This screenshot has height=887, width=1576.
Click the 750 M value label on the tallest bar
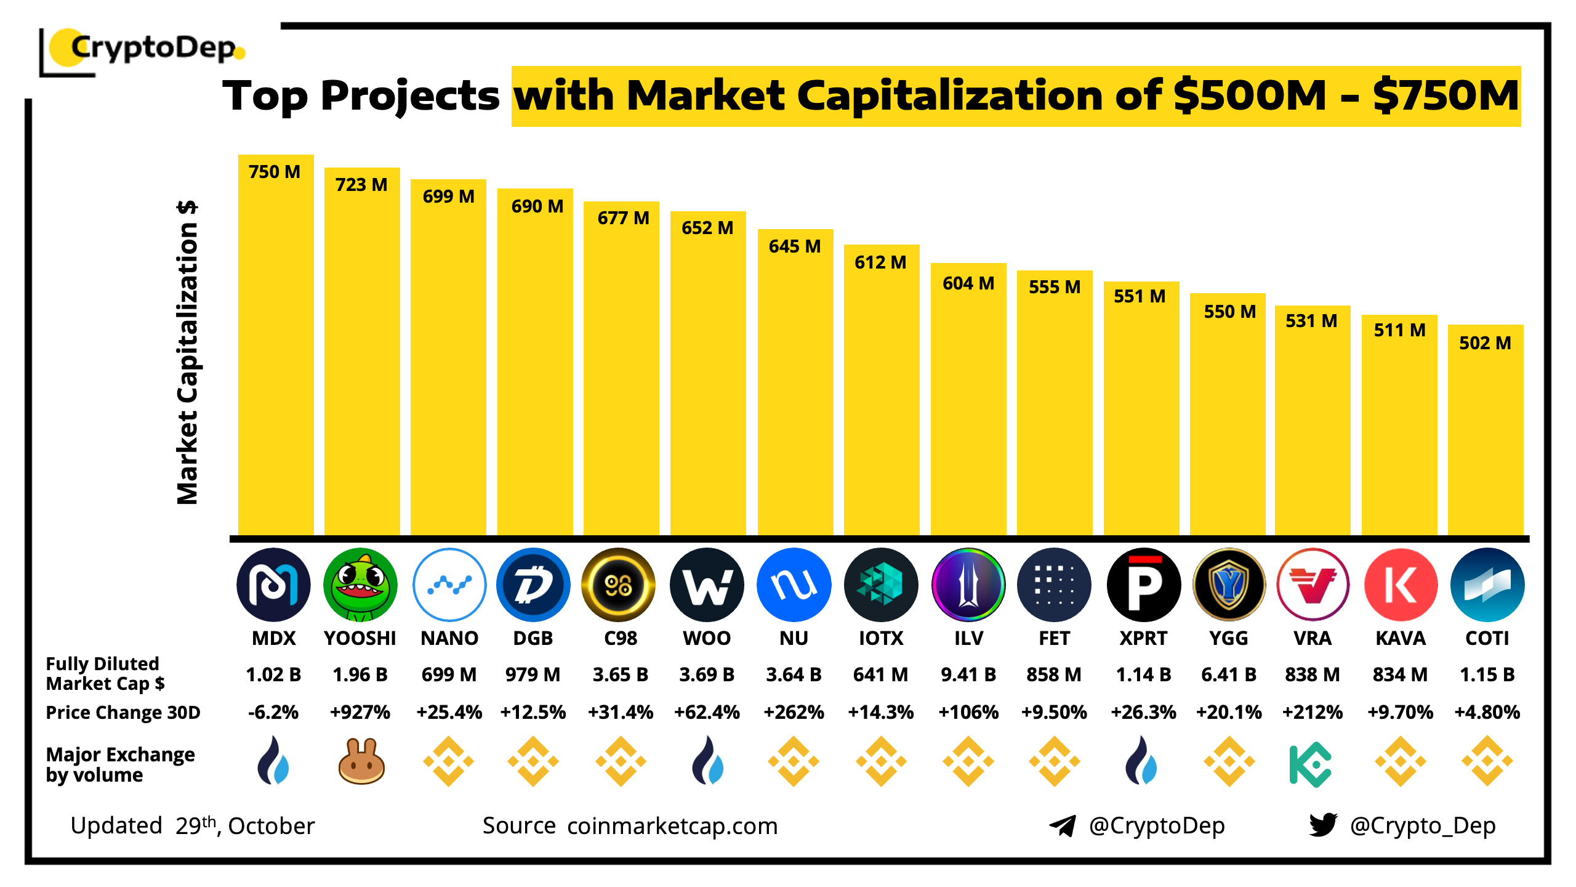pos(275,172)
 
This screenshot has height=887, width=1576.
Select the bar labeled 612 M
pos(881,394)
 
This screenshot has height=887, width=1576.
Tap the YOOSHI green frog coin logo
pos(360,585)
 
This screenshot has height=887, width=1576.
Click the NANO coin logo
pos(449,585)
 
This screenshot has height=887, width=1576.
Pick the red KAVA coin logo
pos(1401,585)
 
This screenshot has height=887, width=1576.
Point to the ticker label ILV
pos(968,638)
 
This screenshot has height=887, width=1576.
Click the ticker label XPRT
pos(1143,638)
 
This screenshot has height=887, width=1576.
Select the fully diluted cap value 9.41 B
pos(968,674)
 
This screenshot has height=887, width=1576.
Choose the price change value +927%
pos(360,712)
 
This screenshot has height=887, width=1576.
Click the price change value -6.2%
pos(273,712)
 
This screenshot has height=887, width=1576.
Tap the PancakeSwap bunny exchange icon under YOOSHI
pos(361,761)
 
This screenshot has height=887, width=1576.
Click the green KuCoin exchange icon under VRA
pos(1311,764)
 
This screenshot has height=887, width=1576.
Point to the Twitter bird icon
pos(1323,825)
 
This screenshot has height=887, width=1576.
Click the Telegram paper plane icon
pos(1063,825)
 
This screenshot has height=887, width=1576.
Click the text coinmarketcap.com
pos(672,825)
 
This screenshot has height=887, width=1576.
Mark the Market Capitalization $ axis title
pos(187,352)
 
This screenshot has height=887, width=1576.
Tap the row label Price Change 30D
pos(123,712)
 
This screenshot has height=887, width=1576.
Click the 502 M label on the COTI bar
pos(1485,343)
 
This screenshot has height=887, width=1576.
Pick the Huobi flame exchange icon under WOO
pos(707,761)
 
